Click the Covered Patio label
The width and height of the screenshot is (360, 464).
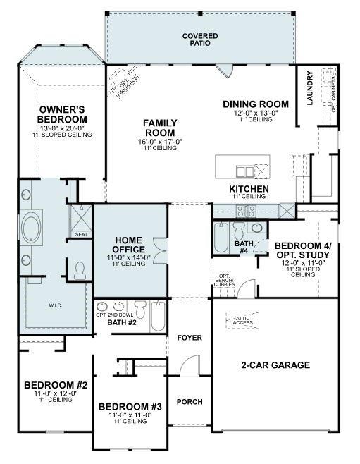point(200,39)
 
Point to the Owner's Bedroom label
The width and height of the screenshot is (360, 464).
point(63,115)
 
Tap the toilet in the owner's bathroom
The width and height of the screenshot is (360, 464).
point(80,269)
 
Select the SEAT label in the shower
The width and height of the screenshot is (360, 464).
point(81,234)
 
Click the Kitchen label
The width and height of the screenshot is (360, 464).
point(249,190)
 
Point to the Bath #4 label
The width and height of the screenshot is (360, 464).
point(242,246)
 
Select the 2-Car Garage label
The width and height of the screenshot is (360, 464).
point(275,365)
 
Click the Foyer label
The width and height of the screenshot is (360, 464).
point(190,338)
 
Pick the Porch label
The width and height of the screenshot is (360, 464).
point(189,402)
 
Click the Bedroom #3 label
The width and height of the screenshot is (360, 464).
point(130,407)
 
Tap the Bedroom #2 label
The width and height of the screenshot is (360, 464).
point(55,385)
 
